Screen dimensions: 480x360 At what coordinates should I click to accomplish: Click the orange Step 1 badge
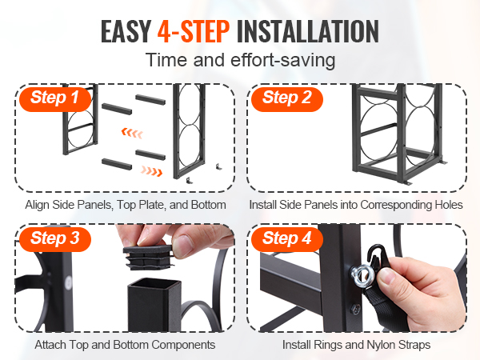55,98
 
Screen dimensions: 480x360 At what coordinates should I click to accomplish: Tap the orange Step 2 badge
287,98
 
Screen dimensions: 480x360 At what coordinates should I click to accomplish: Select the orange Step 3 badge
55,238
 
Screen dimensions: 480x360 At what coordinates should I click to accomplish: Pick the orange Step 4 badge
287,238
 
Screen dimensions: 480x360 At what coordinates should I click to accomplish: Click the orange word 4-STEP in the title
194,31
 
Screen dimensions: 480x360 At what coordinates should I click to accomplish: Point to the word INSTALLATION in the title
308,31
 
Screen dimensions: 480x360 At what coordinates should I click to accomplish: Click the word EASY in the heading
126,31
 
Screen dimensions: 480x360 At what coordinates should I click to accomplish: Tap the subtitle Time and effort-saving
240,60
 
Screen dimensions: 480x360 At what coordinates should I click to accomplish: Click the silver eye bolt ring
362,276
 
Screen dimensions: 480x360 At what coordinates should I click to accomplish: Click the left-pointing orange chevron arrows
132,133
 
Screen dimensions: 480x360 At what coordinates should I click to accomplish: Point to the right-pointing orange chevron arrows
151,171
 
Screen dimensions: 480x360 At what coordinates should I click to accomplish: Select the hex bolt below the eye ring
355,309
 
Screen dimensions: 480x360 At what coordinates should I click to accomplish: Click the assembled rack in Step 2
398,134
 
